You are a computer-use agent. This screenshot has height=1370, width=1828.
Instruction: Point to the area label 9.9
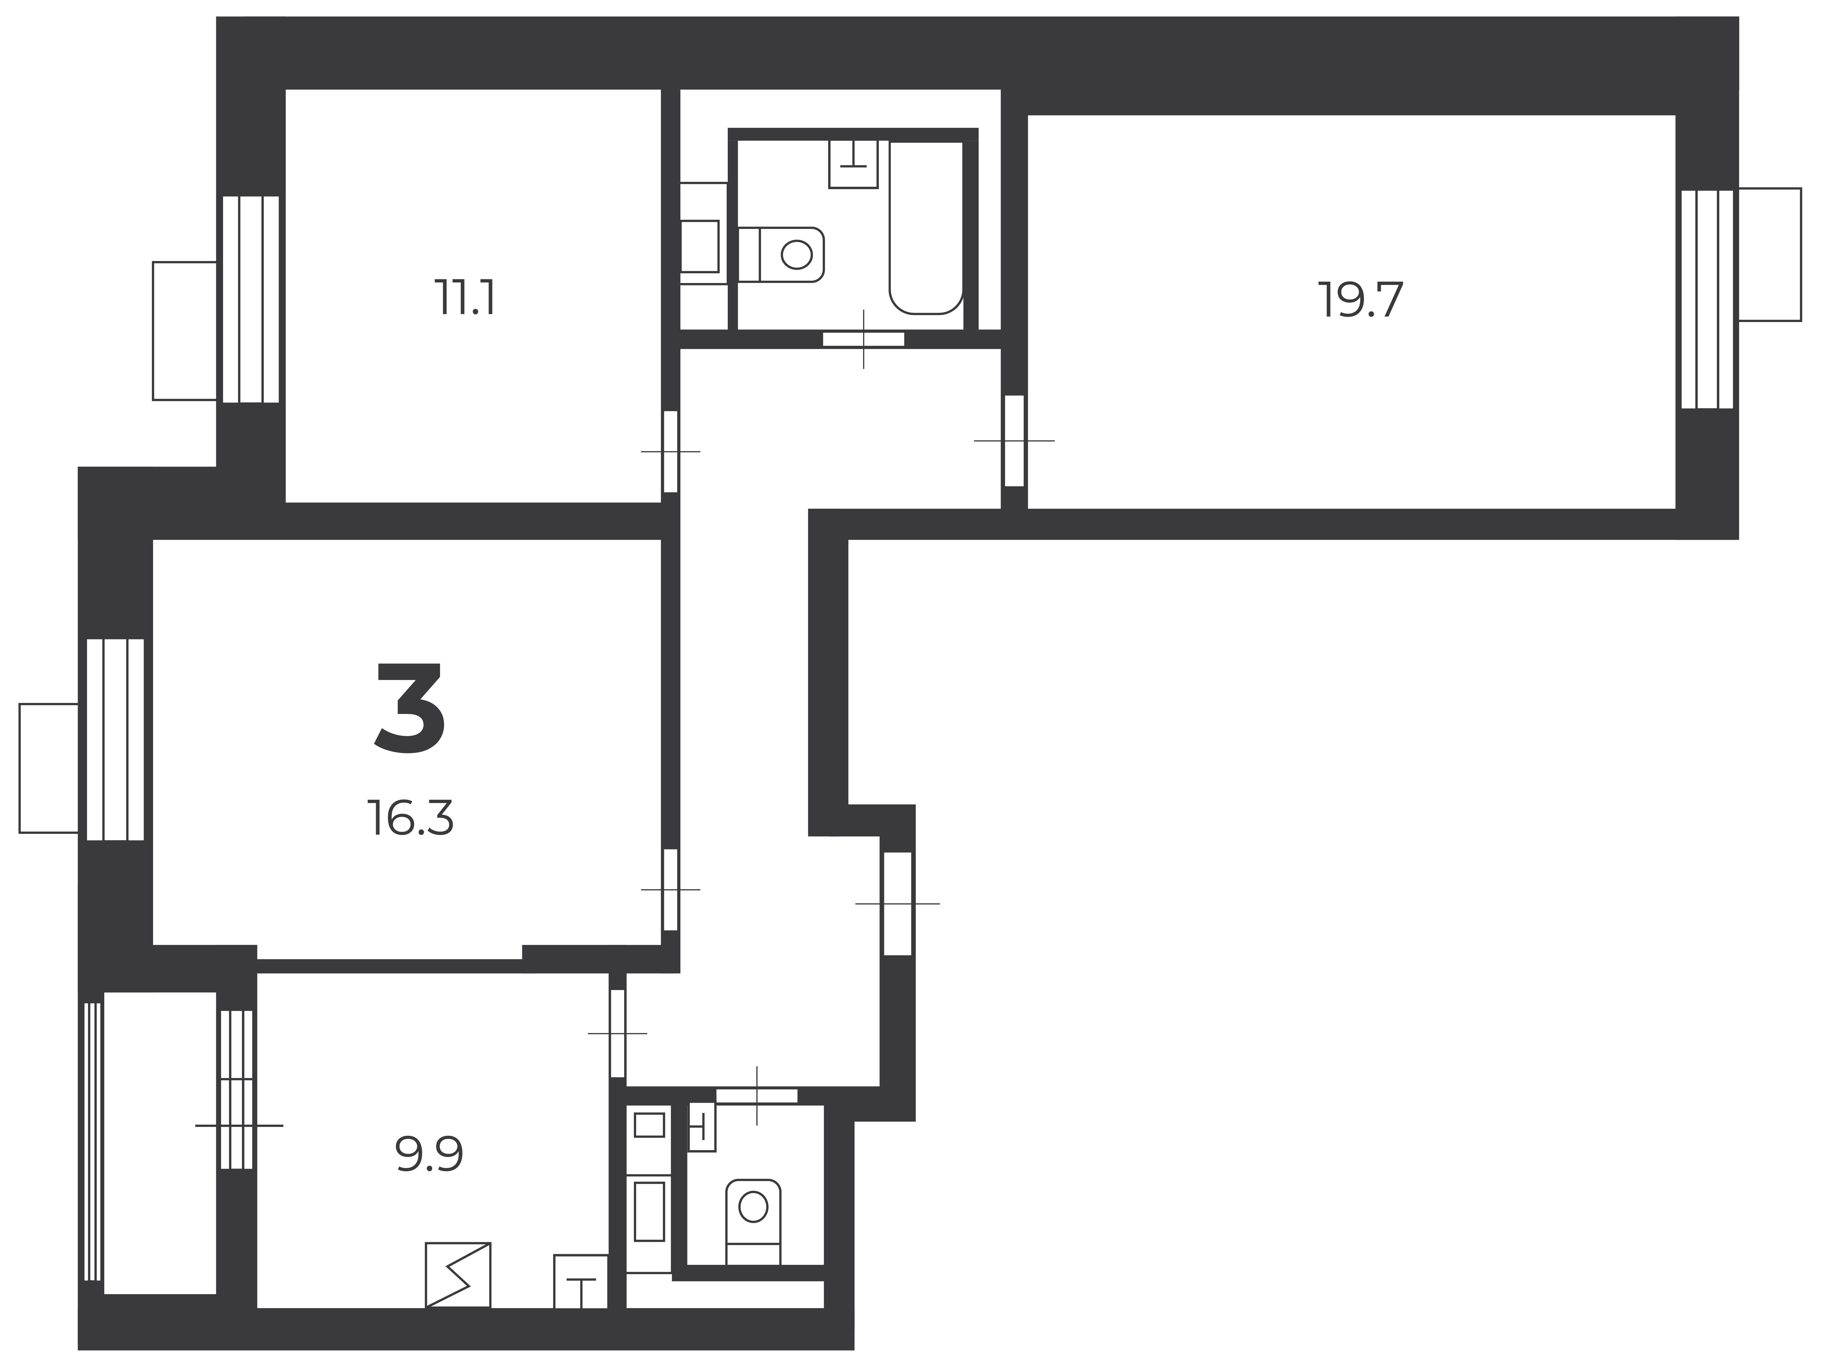coord(429,1154)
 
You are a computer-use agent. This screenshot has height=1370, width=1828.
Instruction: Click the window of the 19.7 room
coord(1707,299)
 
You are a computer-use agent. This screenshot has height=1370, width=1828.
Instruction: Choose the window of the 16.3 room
coord(116,739)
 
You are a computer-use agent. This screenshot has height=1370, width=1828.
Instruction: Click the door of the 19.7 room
coord(1014,441)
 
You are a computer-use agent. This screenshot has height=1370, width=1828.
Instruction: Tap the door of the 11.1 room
coord(671,452)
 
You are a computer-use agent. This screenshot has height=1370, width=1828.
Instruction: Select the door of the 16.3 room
coord(671,890)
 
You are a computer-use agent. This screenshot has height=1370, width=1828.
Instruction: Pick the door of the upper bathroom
coord(864,339)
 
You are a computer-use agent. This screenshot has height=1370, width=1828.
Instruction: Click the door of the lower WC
coord(757,1096)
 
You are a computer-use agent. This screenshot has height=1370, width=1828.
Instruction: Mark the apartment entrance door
coord(897,904)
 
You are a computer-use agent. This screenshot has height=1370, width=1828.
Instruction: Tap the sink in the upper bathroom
coord(853,164)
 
